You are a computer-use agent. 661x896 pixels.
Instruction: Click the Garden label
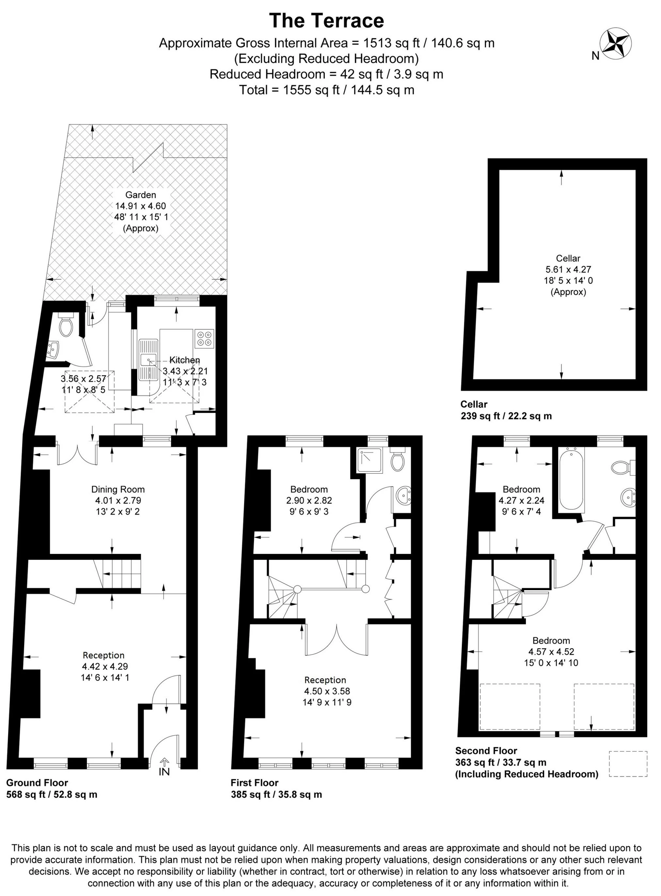tap(140, 195)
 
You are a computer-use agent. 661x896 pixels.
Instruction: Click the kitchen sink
tap(149, 360)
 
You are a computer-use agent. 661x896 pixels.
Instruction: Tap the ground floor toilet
tap(65, 325)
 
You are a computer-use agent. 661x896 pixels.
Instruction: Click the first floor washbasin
tap(402, 496)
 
